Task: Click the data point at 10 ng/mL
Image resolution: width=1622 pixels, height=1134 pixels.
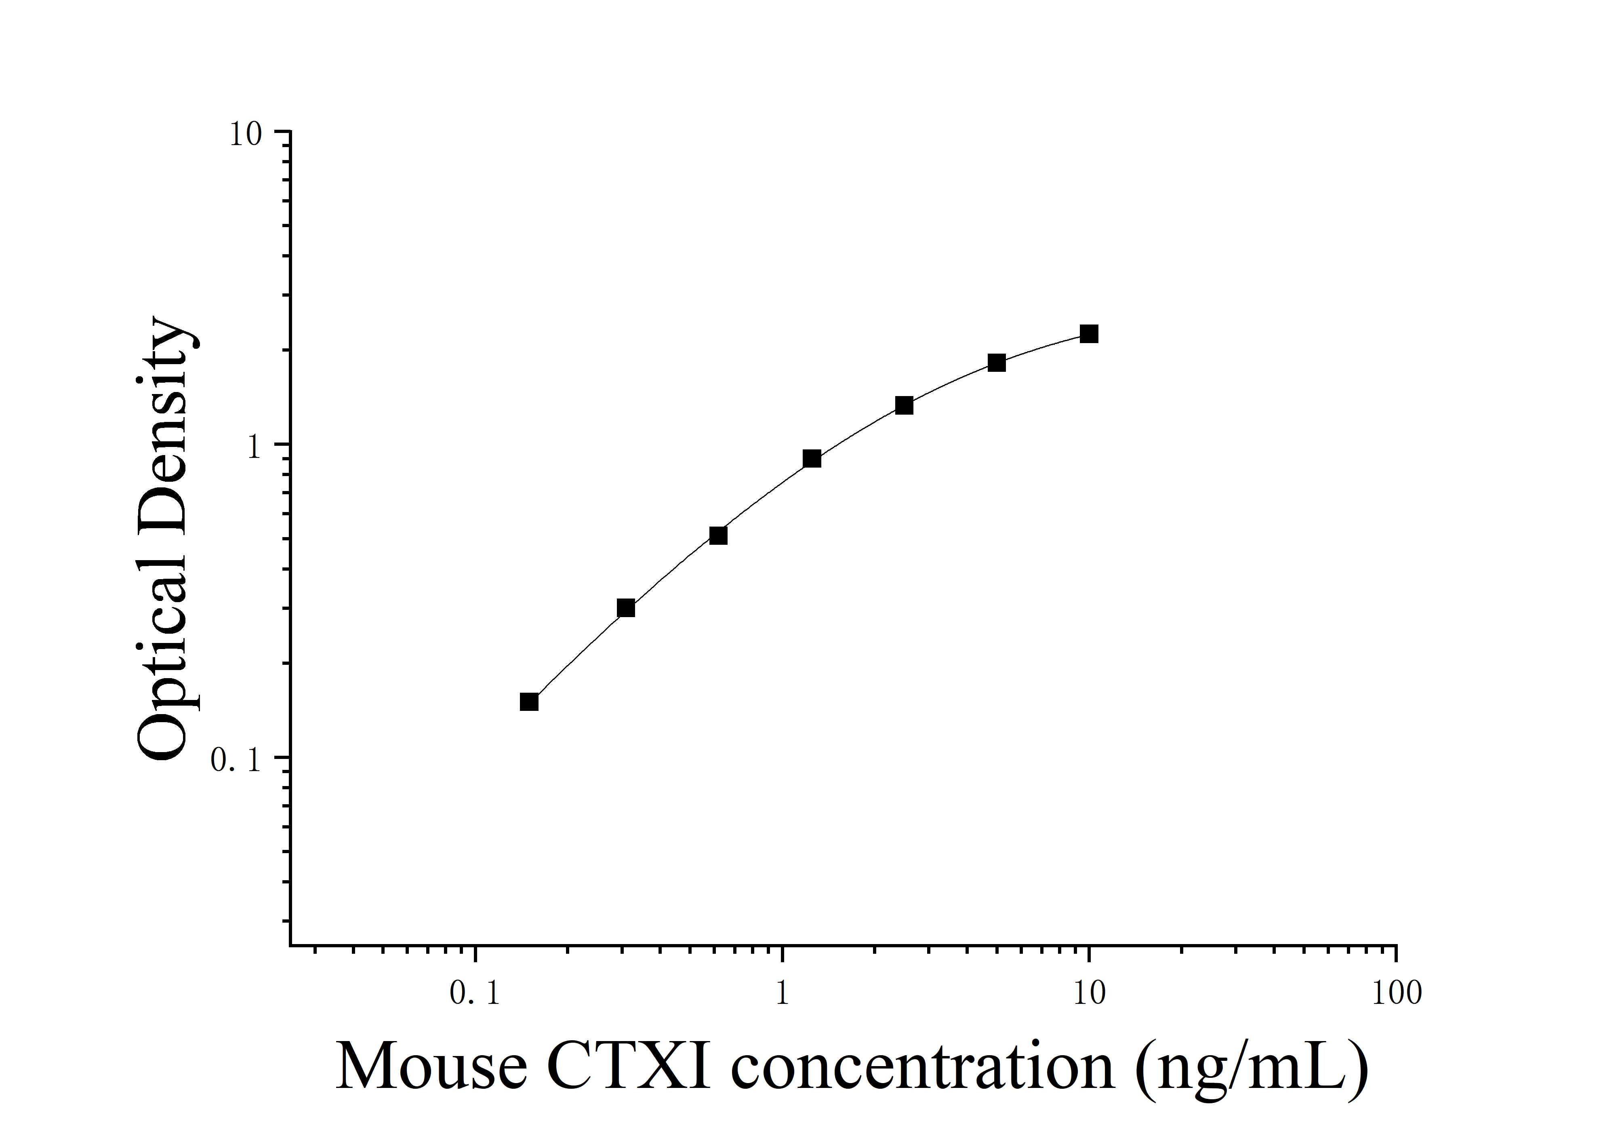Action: tap(1089, 333)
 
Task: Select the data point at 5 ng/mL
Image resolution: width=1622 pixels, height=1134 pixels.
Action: tap(996, 363)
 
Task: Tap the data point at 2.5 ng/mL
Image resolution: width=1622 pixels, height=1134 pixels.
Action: tap(904, 406)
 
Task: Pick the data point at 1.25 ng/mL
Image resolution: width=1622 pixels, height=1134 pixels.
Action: tap(812, 459)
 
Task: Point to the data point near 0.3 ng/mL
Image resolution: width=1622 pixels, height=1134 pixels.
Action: tap(626, 608)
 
